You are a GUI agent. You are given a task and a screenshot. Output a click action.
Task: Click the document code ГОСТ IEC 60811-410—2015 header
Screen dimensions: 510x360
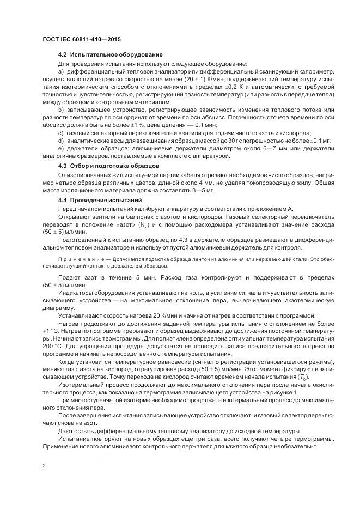81,40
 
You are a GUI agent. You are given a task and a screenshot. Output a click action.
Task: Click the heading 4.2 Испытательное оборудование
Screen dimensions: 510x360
109,55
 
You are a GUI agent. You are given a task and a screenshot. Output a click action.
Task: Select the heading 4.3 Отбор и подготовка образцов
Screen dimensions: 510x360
108,165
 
